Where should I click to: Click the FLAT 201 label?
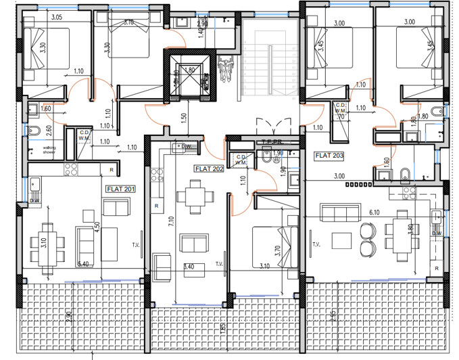[x=120, y=189]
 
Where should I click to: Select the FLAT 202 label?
[x=209, y=168]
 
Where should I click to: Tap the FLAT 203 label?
[x=329, y=155]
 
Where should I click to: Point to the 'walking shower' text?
[x=50, y=149]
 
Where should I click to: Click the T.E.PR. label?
[x=271, y=143]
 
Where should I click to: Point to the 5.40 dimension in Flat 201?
[x=84, y=263]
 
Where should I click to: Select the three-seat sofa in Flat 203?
[x=338, y=215]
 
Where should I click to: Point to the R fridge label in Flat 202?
[x=155, y=206]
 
